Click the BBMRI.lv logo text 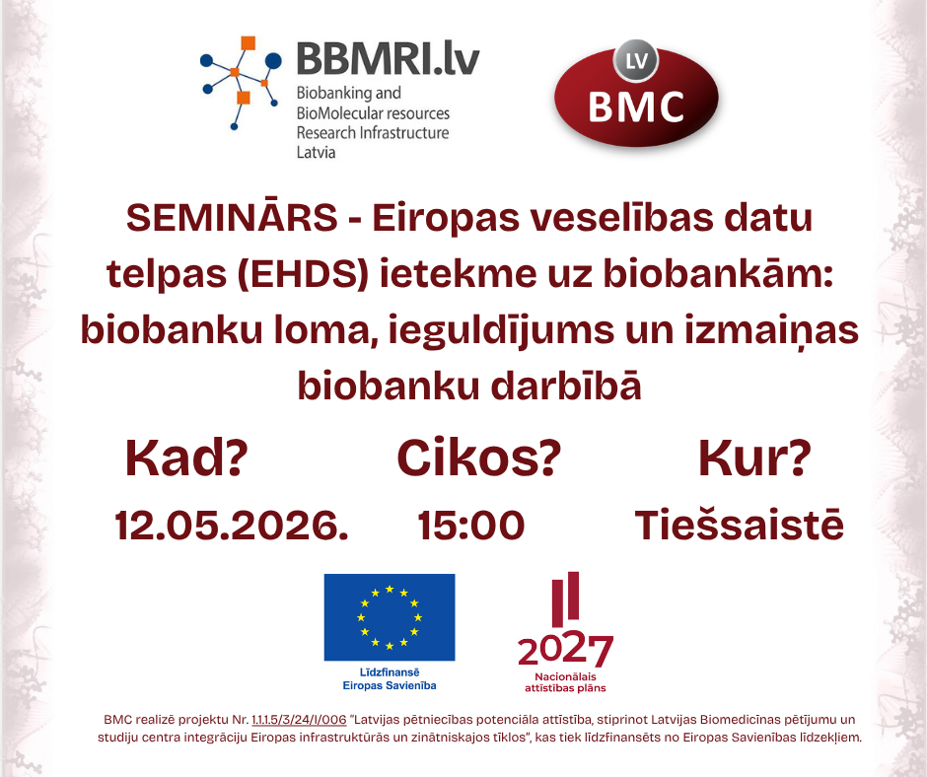tap(388, 58)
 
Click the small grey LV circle tap(636, 61)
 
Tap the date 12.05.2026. tap(232, 525)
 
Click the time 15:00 tap(471, 525)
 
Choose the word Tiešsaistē tap(739, 525)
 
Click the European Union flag tap(390, 617)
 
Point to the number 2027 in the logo tap(565, 651)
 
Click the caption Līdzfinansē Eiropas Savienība tap(389, 678)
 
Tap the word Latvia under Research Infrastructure tap(316, 152)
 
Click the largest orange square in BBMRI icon tap(249, 43)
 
